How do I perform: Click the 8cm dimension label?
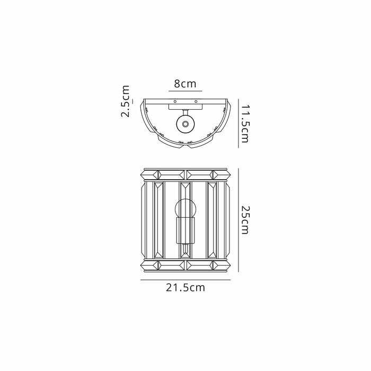(x=185, y=84)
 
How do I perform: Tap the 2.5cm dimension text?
(x=125, y=102)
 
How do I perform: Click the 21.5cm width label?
(x=185, y=288)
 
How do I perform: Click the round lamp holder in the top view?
(x=185, y=124)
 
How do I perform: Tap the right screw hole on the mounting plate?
(x=196, y=101)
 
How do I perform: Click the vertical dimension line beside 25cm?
(x=237, y=220)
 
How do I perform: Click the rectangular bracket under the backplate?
(x=185, y=107)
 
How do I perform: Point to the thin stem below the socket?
(x=185, y=248)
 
